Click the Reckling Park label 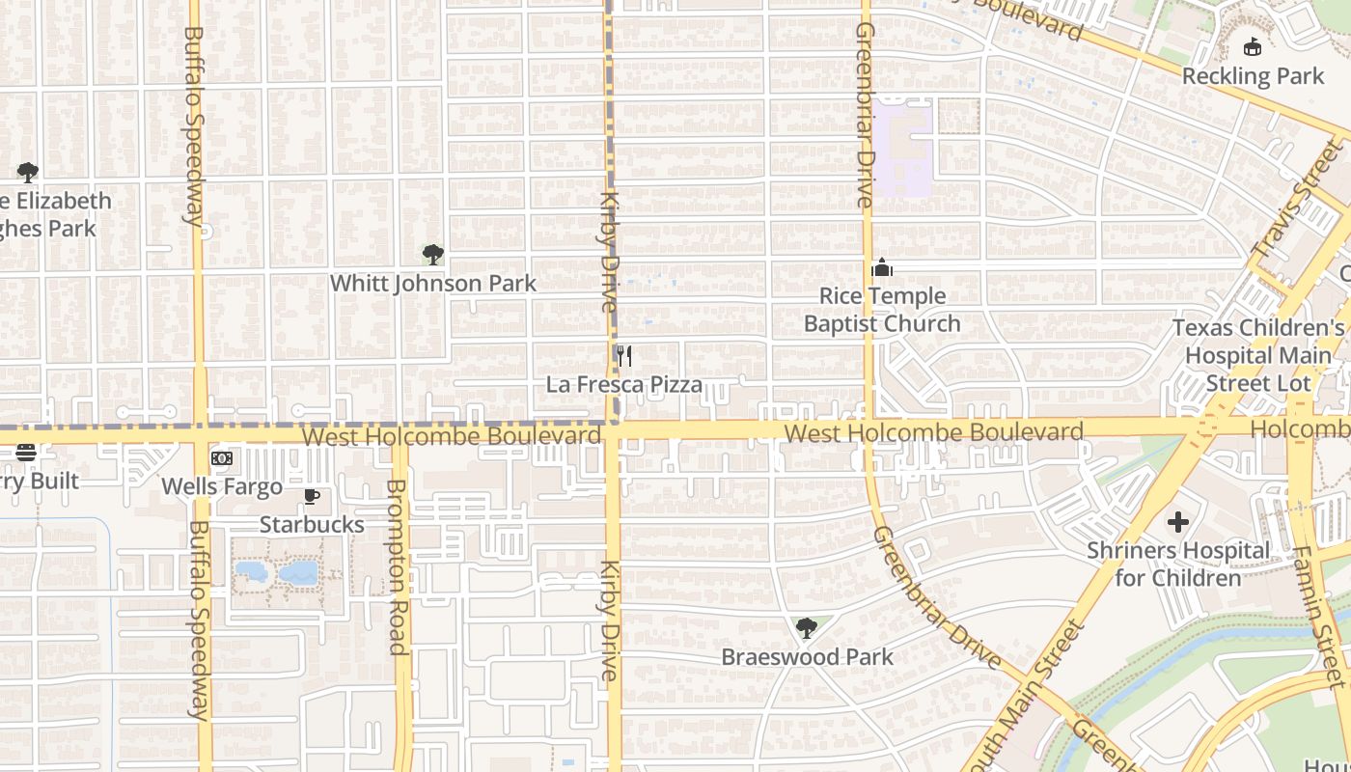point(1253,75)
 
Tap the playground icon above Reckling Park point(1253,46)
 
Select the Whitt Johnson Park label point(433,284)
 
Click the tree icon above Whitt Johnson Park point(433,255)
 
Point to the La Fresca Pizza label point(624,385)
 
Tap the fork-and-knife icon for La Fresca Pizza point(624,356)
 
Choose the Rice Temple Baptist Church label point(882,310)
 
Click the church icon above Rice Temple point(882,268)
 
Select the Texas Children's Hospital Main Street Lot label point(1258,355)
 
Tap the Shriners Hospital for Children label point(1178,565)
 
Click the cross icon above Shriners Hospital point(1178,522)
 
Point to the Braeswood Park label point(808,657)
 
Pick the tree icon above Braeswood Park point(807,629)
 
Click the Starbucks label point(312,525)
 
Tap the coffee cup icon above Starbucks point(312,497)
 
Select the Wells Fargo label point(222,486)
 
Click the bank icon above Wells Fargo point(222,458)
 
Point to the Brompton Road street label point(397,567)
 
